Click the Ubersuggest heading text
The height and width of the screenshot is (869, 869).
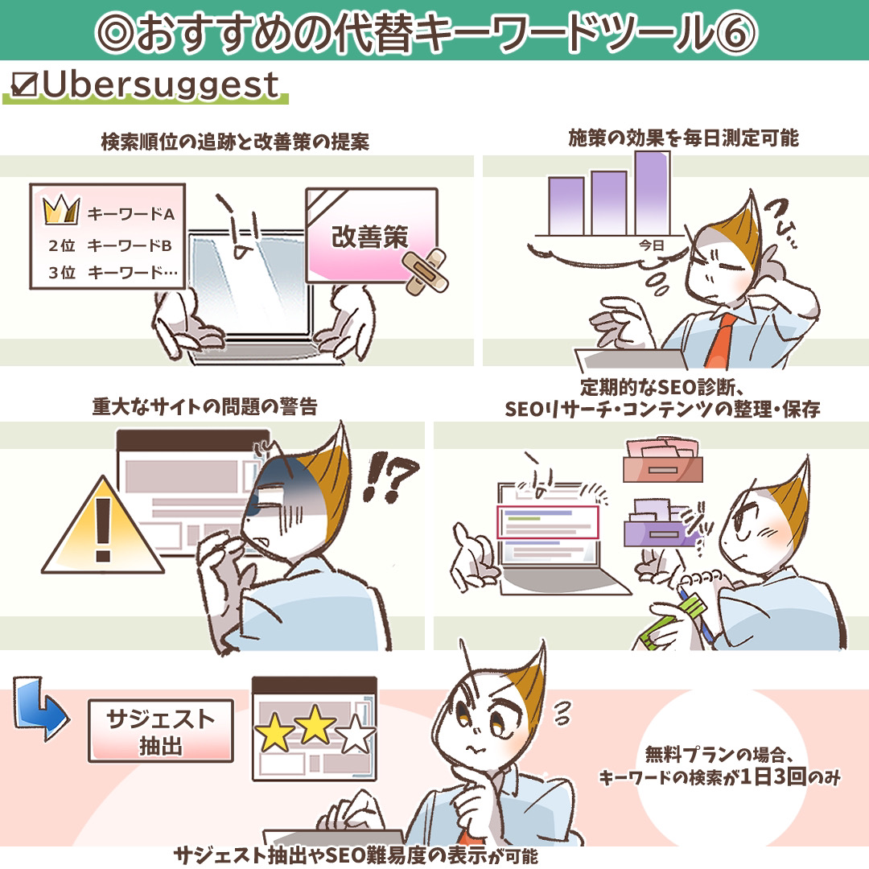[x=160, y=86]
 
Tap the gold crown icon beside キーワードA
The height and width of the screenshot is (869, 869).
[x=61, y=210]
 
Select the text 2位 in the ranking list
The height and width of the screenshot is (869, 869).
[x=62, y=245]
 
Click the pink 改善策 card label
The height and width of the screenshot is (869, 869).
[x=370, y=237]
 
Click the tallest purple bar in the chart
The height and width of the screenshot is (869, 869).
[x=653, y=193]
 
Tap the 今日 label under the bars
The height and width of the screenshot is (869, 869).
[x=651, y=245]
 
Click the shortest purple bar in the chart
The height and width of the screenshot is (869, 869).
[x=566, y=206]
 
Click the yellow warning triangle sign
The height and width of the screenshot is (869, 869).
[x=103, y=529]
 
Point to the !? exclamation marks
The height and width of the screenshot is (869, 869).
[x=389, y=476]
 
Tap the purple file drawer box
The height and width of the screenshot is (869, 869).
[x=661, y=525]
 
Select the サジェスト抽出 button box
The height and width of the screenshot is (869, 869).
[x=161, y=731]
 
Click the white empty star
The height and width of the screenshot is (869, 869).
[x=356, y=735]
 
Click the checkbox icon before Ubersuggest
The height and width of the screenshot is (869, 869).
[x=24, y=85]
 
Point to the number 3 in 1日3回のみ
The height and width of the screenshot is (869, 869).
[x=780, y=776]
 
